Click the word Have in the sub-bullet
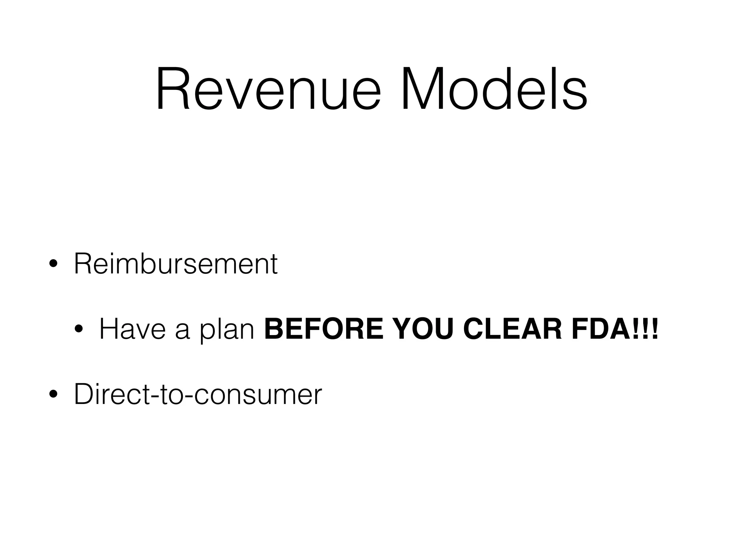pyautogui.click(x=132, y=329)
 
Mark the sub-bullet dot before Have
pyautogui.click(x=78, y=330)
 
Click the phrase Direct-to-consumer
pyautogui.click(x=198, y=394)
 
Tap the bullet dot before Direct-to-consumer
pyautogui.click(x=53, y=395)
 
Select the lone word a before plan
pyautogui.click(x=182, y=332)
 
